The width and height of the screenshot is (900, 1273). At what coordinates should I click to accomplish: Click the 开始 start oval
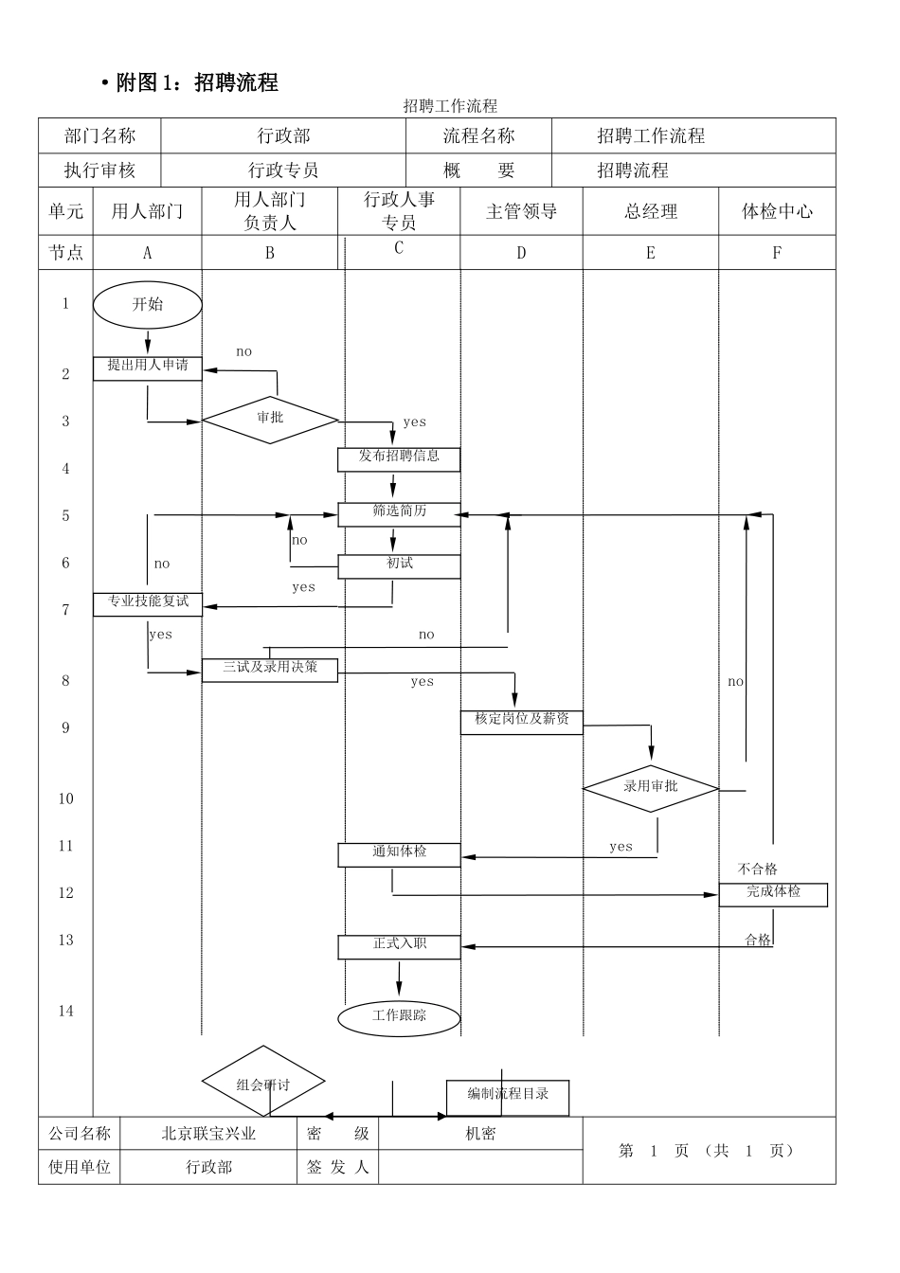[148, 305]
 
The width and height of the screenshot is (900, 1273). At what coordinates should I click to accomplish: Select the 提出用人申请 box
[148, 368]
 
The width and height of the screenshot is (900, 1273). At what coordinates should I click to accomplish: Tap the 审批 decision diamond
[270, 419]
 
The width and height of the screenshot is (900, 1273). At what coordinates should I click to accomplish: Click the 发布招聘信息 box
[399, 458]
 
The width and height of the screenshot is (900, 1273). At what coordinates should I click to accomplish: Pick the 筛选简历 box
[399, 513]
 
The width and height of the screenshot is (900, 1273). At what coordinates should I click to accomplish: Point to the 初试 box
[399, 565]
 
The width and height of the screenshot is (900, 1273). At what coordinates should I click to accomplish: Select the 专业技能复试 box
[148, 603]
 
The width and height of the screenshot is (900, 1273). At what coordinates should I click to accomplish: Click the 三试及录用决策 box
[270, 669]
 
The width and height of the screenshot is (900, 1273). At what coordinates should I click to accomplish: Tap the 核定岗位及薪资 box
[522, 721]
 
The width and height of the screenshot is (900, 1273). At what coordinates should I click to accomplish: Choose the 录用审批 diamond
[651, 787]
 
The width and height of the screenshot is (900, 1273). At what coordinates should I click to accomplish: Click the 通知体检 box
[399, 853]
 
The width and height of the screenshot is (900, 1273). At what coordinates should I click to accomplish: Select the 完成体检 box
[773, 894]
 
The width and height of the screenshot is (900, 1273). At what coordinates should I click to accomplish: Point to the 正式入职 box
[399, 945]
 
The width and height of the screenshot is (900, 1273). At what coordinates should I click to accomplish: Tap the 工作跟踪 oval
[399, 1017]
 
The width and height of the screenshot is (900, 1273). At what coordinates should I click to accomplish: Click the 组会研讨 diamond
[263, 1083]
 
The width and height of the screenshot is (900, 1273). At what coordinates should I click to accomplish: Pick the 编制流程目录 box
[508, 1097]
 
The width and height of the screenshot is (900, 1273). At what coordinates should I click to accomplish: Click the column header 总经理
[651, 212]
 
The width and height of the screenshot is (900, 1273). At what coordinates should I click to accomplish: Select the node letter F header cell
[777, 253]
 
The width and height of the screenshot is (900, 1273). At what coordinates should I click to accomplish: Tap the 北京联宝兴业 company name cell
[209, 1134]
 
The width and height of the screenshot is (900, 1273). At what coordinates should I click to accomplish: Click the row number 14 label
[65, 1012]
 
